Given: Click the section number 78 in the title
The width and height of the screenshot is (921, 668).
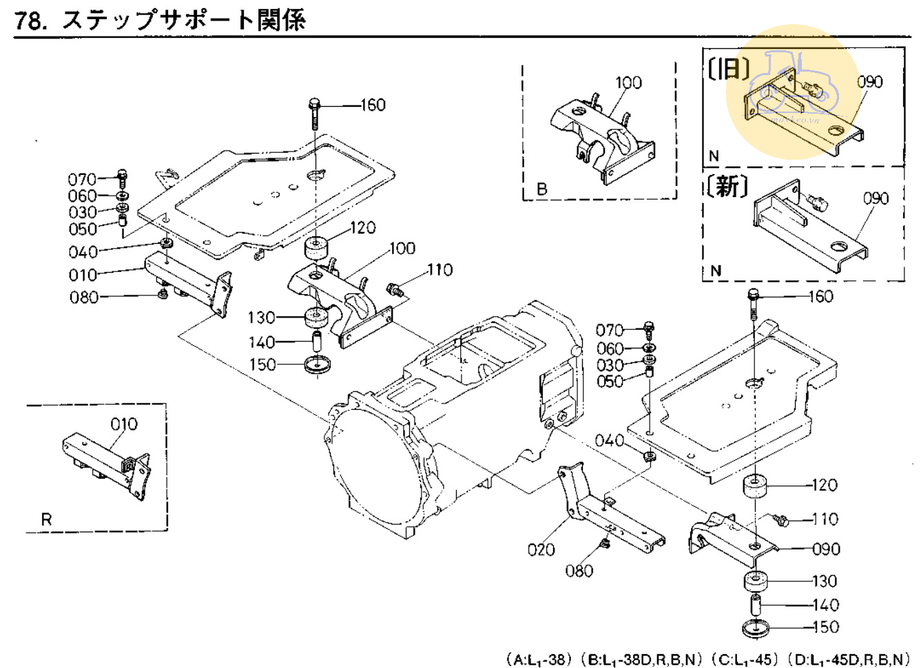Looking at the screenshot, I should (28, 20).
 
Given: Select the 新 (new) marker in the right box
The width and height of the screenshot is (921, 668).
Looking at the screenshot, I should (727, 186).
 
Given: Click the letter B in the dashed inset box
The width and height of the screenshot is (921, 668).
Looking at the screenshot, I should (541, 189).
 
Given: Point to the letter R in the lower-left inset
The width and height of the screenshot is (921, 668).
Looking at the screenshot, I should (46, 519).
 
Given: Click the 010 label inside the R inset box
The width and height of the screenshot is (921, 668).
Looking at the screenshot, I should (124, 424).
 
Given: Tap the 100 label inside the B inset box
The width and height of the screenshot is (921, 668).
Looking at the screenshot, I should (628, 83).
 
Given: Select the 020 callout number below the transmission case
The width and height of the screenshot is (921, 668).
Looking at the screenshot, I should (541, 550).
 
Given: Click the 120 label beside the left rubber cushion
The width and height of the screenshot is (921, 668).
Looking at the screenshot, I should (362, 228).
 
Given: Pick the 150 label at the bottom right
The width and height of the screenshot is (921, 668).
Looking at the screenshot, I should (825, 627).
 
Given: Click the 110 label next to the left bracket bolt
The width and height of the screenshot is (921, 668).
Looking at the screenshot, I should (439, 270).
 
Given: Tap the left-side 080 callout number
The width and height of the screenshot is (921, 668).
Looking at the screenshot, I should (83, 298).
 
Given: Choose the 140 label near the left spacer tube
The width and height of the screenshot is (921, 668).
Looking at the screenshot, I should (262, 342).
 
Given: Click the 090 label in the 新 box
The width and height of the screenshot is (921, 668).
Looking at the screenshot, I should (876, 198).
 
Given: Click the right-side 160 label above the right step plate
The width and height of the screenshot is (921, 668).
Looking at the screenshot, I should (820, 297).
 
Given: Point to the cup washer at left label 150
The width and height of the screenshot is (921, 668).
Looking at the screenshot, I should (318, 364).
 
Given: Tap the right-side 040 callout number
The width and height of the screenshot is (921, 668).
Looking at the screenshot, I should (610, 440).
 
